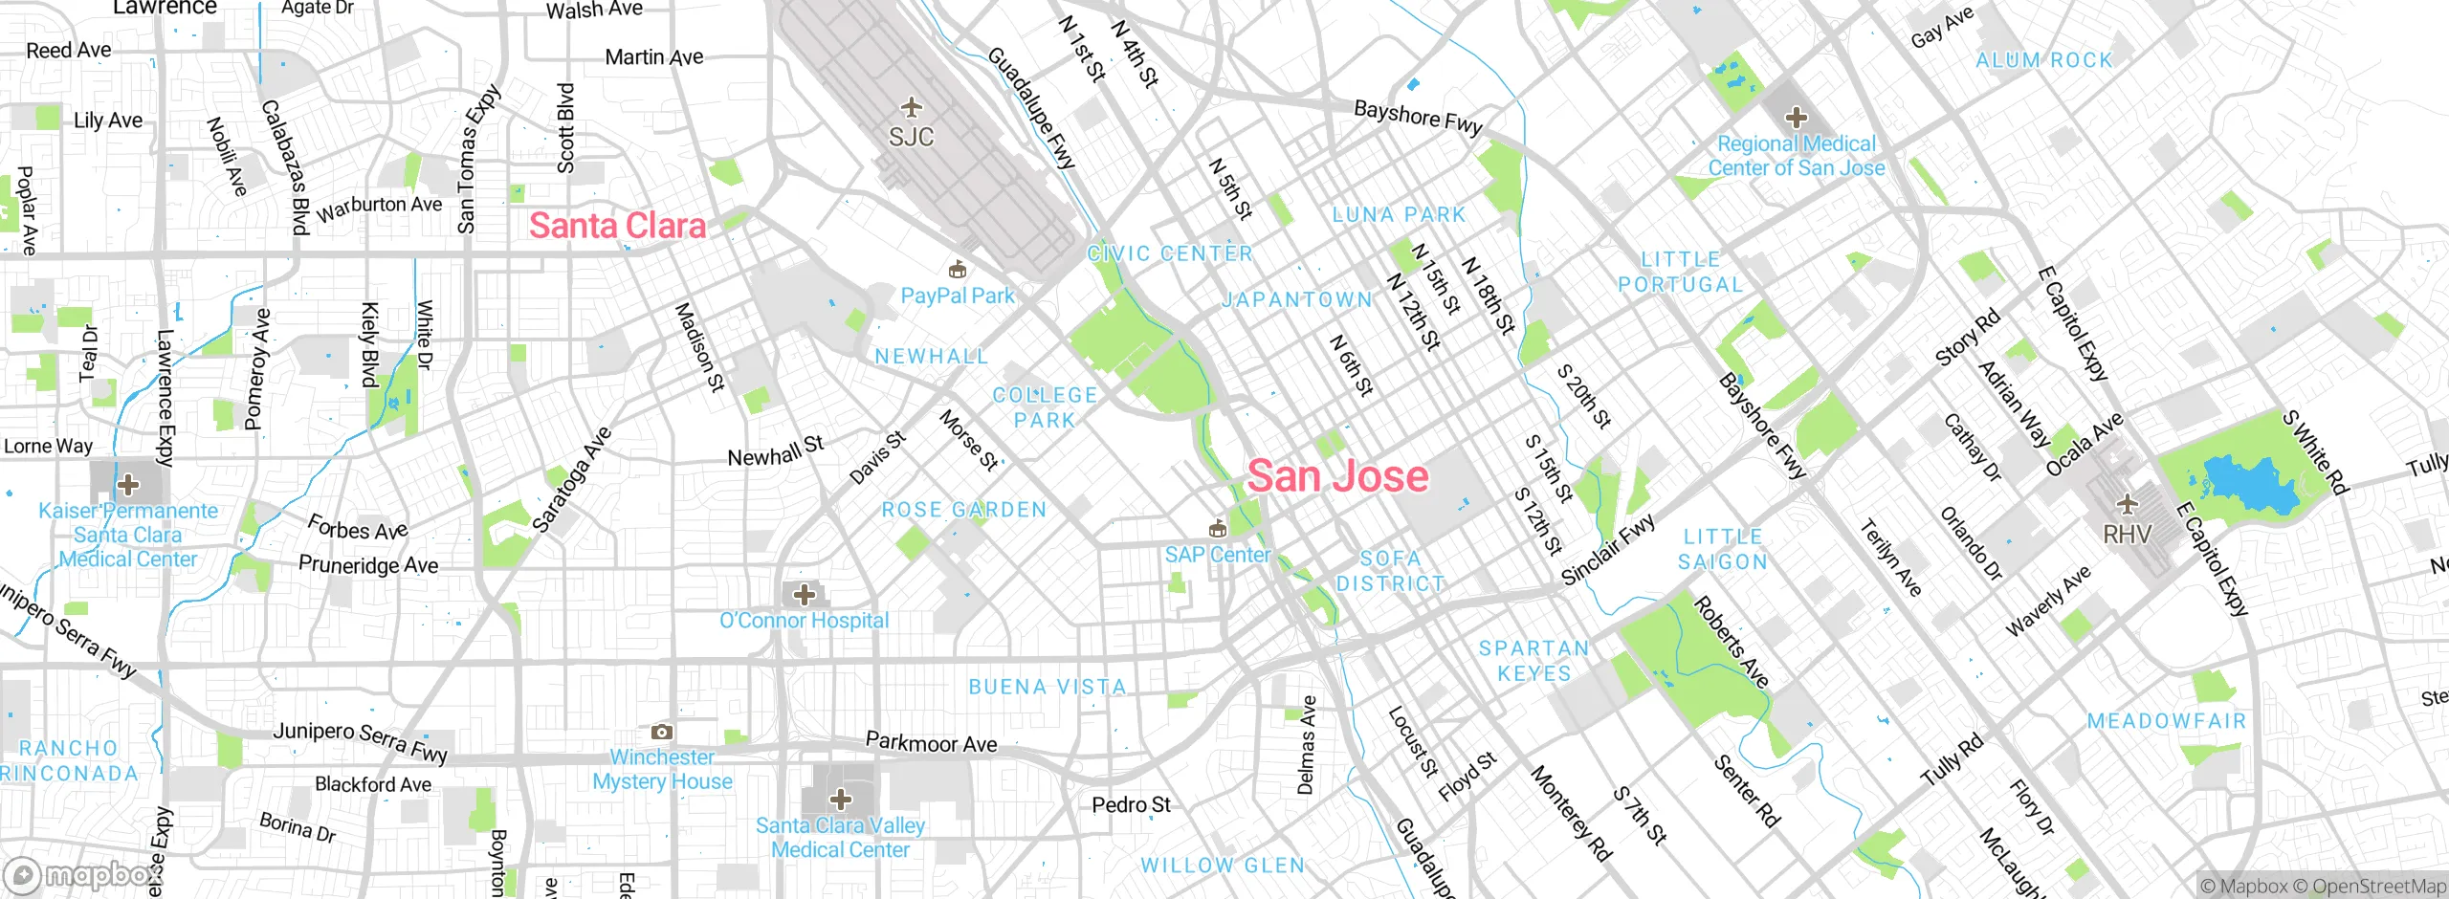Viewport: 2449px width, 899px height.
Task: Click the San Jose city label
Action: click(1337, 476)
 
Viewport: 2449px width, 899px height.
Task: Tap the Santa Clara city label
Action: click(617, 226)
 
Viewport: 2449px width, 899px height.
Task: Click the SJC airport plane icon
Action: click(911, 106)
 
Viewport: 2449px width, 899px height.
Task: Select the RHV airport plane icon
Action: click(2127, 503)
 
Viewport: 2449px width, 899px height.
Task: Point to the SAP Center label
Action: click(1217, 555)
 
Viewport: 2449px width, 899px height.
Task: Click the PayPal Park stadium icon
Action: click(957, 269)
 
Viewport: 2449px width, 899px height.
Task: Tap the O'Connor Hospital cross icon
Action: click(805, 594)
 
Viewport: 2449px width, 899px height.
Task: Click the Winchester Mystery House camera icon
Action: click(661, 732)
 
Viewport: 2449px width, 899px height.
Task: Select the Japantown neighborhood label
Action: click(1297, 300)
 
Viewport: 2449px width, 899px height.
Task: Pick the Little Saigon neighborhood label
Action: click(1723, 550)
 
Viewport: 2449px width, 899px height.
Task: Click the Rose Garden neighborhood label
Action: click(964, 510)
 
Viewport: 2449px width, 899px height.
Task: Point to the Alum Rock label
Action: click(2044, 60)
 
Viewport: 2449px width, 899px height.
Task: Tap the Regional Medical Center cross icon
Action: click(1796, 118)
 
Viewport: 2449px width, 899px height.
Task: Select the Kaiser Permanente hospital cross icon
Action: click(128, 484)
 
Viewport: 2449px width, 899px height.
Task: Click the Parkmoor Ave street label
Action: click(931, 743)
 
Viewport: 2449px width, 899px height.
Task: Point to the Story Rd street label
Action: click(1967, 338)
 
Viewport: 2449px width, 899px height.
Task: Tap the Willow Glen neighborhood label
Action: click(1223, 866)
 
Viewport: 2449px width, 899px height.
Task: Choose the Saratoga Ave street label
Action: click(571, 479)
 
